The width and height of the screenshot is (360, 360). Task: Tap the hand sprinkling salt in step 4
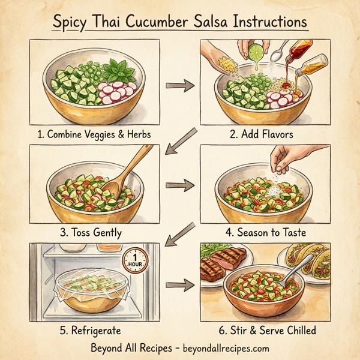[x=287, y=158]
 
